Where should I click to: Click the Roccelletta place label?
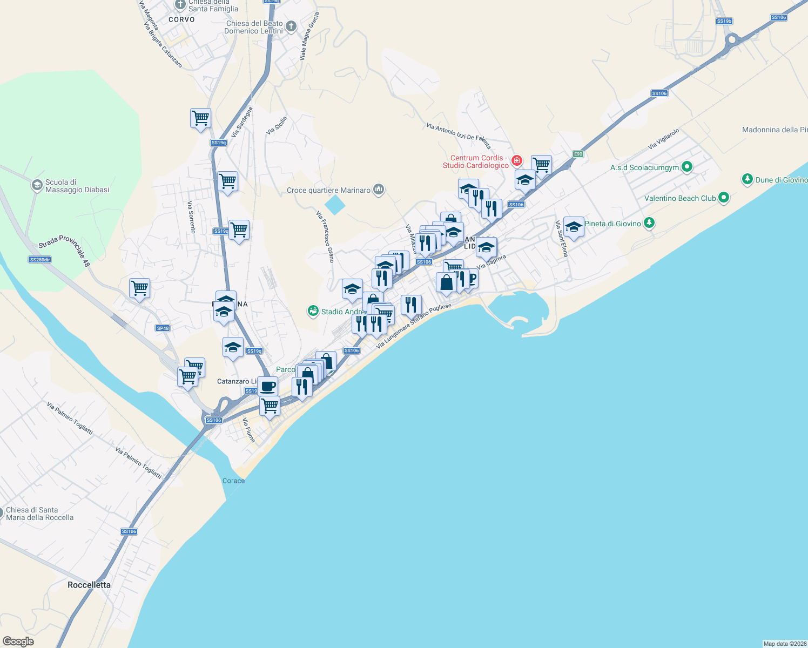click(x=89, y=585)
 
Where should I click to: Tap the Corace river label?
click(x=233, y=481)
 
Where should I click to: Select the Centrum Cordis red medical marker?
click(x=517, y=160)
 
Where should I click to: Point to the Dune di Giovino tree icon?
click(x=747, y=179)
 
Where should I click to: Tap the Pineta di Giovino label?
click(x=612, y=224)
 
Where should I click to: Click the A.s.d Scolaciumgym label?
click(x=644, y=167)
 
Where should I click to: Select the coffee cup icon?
click(x=267, y=386)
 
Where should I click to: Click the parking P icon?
click(x=472, y=278)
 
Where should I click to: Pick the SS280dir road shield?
click(x=39, y=260)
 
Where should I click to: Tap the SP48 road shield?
click(x=163, y=328)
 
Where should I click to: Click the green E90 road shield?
click(x=578, y=154)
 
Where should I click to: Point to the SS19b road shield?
click(x=724, y=21)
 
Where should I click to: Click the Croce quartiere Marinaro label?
click(x=328, y=190)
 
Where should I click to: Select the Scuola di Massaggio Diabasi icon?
click(x=37, y=185)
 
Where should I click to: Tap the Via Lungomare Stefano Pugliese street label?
click(x=413, y=326)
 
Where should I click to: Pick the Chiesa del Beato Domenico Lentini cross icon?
click(x=291, y=26)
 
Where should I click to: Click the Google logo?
click(x=18, y=641)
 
